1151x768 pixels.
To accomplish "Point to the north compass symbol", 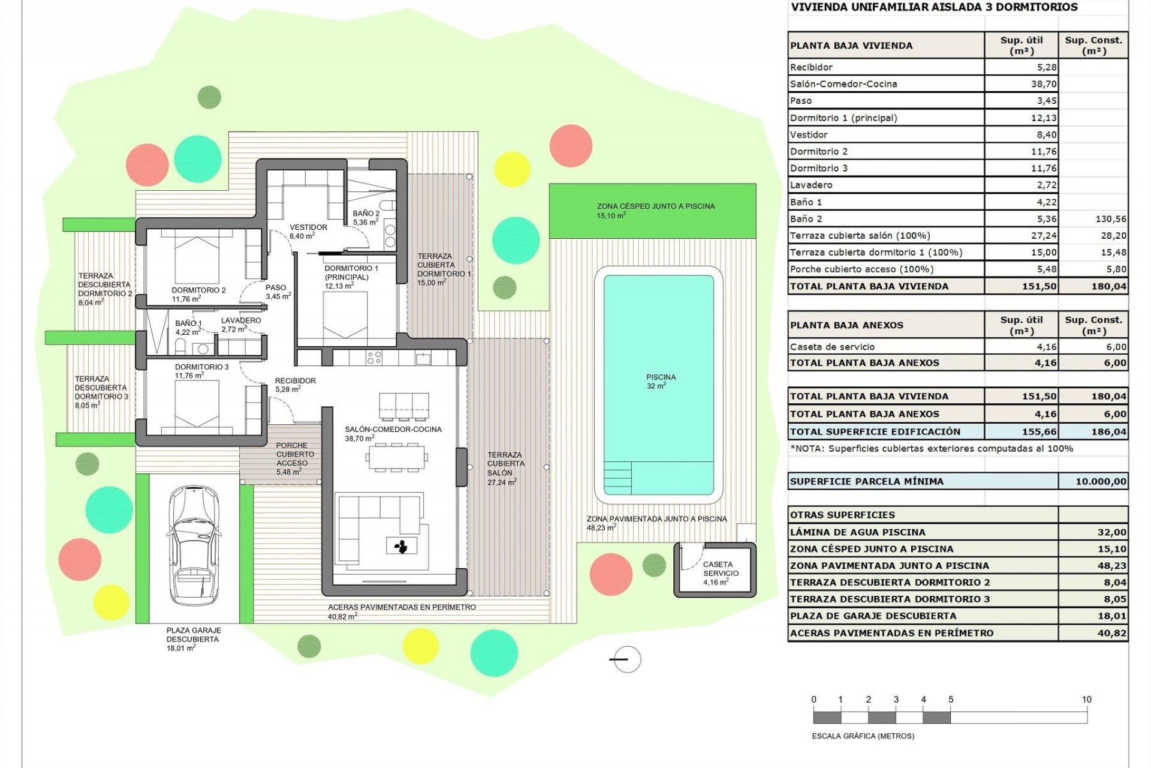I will pos(626,659).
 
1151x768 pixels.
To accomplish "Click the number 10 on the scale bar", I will pos(1086,700).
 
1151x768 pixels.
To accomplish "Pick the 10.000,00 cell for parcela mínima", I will pos(1100,481).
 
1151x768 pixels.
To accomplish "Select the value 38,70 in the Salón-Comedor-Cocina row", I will pos(1043,84).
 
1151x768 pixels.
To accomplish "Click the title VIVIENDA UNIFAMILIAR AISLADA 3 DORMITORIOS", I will pos(934,8).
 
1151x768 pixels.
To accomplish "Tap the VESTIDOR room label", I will pos(308,227).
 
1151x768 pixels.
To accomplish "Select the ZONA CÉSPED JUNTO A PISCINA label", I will pos(655,206).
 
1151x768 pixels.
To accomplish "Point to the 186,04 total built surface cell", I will pos(1108,431).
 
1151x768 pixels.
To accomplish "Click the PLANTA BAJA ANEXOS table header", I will pos(846,325).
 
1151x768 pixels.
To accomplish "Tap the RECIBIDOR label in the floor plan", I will pos(295,381).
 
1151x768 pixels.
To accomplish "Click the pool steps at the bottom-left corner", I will pos(617,477).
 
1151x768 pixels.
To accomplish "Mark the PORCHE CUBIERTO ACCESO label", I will pos(291,454).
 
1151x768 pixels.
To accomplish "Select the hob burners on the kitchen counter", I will pos(374,358).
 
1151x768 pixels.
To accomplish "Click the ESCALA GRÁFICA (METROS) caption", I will pos(863,736).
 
